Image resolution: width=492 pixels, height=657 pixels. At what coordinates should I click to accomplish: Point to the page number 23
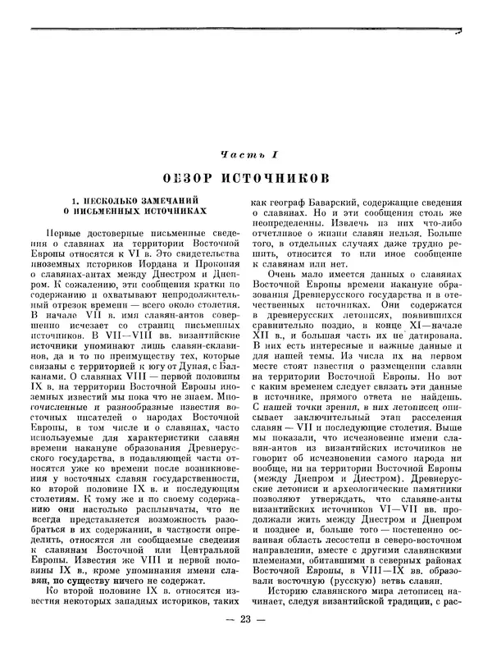coord(246,639)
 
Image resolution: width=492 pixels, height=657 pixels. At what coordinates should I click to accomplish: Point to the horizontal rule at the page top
coord(246,30)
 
